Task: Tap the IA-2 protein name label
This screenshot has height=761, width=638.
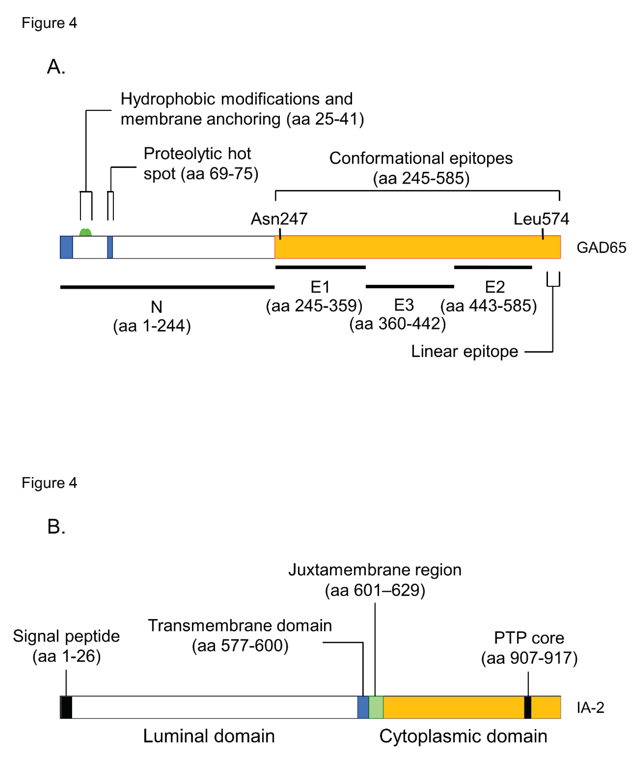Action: [590, 707]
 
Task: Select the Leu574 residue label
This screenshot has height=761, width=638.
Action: [541, 219]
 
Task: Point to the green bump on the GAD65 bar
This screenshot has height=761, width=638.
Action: [86, 233]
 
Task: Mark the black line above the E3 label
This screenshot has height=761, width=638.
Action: [410, 287]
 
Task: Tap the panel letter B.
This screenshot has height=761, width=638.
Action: [56, 527]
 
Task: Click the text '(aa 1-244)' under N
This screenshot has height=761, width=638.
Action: [152, 326]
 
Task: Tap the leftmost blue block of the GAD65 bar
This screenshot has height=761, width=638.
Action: [66, 247]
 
